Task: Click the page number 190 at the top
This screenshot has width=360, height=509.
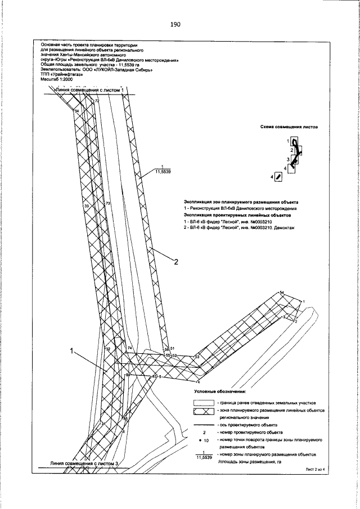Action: pos(174,25)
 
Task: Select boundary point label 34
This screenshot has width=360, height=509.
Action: pos(77,111)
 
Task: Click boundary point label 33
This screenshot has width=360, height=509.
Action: pos(86,206)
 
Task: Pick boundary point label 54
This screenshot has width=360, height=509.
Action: pos(282,292)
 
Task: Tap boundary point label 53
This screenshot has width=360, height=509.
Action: pos(197,357)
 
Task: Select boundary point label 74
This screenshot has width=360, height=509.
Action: pos(129,349)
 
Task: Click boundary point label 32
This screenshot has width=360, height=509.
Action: pos(107,349)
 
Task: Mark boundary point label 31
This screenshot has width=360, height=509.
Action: pos(103,423)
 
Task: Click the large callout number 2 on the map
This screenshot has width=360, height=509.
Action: pos(176,262)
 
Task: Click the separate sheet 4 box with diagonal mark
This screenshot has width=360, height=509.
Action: pos(277,177)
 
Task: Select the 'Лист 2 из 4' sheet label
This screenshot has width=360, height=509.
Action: pos(316,468)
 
